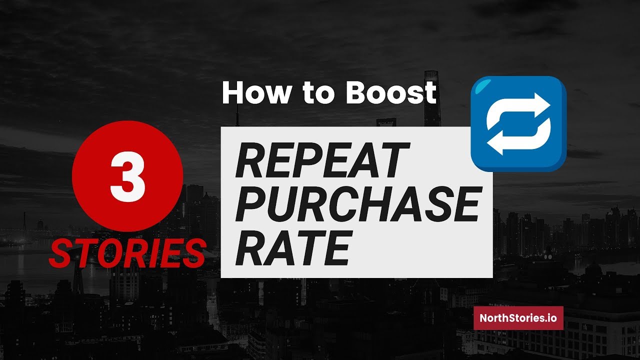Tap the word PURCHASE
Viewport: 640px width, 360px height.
click(357, 205)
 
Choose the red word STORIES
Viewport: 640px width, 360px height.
click(127, 253)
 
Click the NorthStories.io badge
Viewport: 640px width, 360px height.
click(518, 318)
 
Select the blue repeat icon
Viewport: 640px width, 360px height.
click(518, 123)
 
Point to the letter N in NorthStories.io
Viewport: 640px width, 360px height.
click(483, 318)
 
